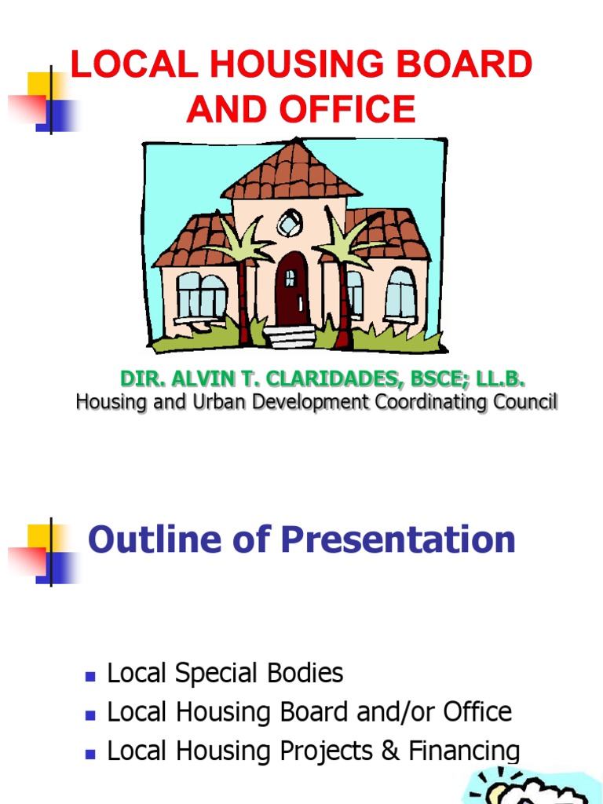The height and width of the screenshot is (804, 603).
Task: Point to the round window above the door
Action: tap(291, 223)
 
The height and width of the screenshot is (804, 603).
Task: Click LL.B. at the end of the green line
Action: tap(499, 379)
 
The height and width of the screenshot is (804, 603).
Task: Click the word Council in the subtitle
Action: tap(525, 402)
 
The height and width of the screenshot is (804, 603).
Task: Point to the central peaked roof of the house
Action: tap(291, 171)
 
